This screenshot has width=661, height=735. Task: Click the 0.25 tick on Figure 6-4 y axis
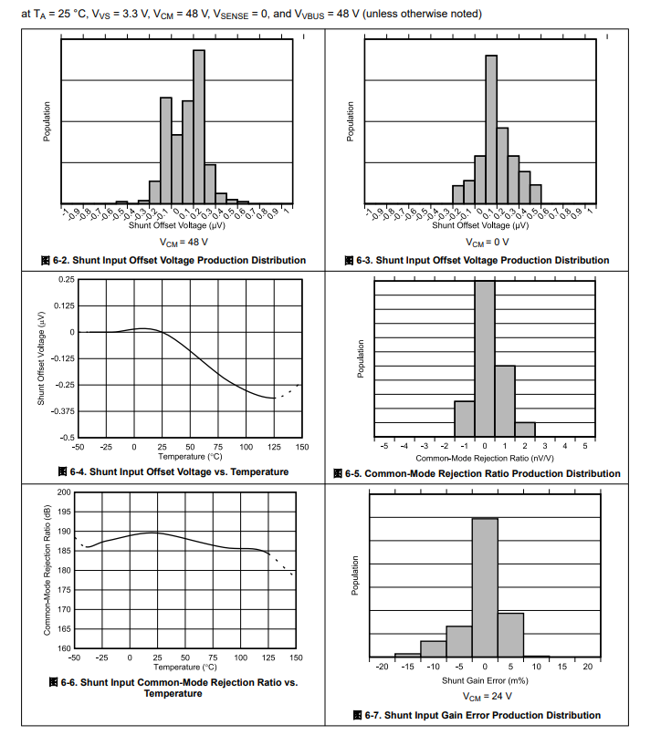click(66, 279)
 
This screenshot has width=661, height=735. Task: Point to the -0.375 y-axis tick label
click(62, 411)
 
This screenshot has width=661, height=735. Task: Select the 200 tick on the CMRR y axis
click(64, 492)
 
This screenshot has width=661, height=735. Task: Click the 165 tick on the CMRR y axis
click(64, 629)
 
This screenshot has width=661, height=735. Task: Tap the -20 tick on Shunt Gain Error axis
click(382, 667)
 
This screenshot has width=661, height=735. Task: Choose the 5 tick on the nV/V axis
click(585, 446)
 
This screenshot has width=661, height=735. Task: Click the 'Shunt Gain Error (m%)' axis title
click(484, 680)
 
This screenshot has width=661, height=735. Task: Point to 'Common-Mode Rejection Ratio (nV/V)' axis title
click(484, 458)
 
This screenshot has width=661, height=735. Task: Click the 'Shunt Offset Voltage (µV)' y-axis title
click(42, 358)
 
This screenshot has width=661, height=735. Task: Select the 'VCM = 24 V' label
click(484, 696)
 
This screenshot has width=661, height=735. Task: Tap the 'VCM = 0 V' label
click(484, 243)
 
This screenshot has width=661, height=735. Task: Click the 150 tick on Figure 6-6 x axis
click(296, 657)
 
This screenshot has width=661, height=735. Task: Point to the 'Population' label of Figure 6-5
click(361, 358)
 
